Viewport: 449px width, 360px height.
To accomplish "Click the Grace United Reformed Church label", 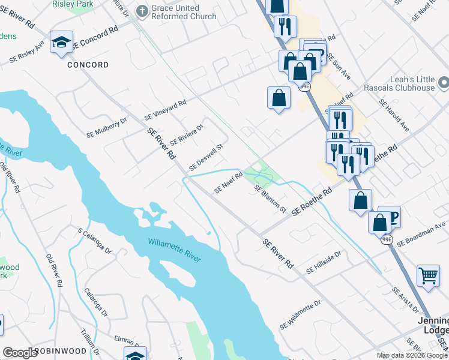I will point(183,12).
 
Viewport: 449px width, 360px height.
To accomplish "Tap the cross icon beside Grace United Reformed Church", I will point(142,10).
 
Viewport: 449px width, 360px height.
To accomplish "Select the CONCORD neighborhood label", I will point(88,65).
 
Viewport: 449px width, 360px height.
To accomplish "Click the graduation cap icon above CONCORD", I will point(61,42).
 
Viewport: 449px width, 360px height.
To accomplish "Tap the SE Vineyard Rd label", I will point(165,109).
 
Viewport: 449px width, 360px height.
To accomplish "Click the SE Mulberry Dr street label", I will point(107,127).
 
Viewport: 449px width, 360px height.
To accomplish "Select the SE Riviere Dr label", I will point(187,134).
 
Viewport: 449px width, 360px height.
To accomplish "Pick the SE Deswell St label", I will point(206,156).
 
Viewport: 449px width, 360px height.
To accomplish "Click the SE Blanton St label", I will point(270,199).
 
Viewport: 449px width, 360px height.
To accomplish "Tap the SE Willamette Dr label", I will point(300,316).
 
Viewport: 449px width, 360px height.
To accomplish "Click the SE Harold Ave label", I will point(394,115).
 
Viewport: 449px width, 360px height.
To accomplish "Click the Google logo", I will point(20,353).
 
